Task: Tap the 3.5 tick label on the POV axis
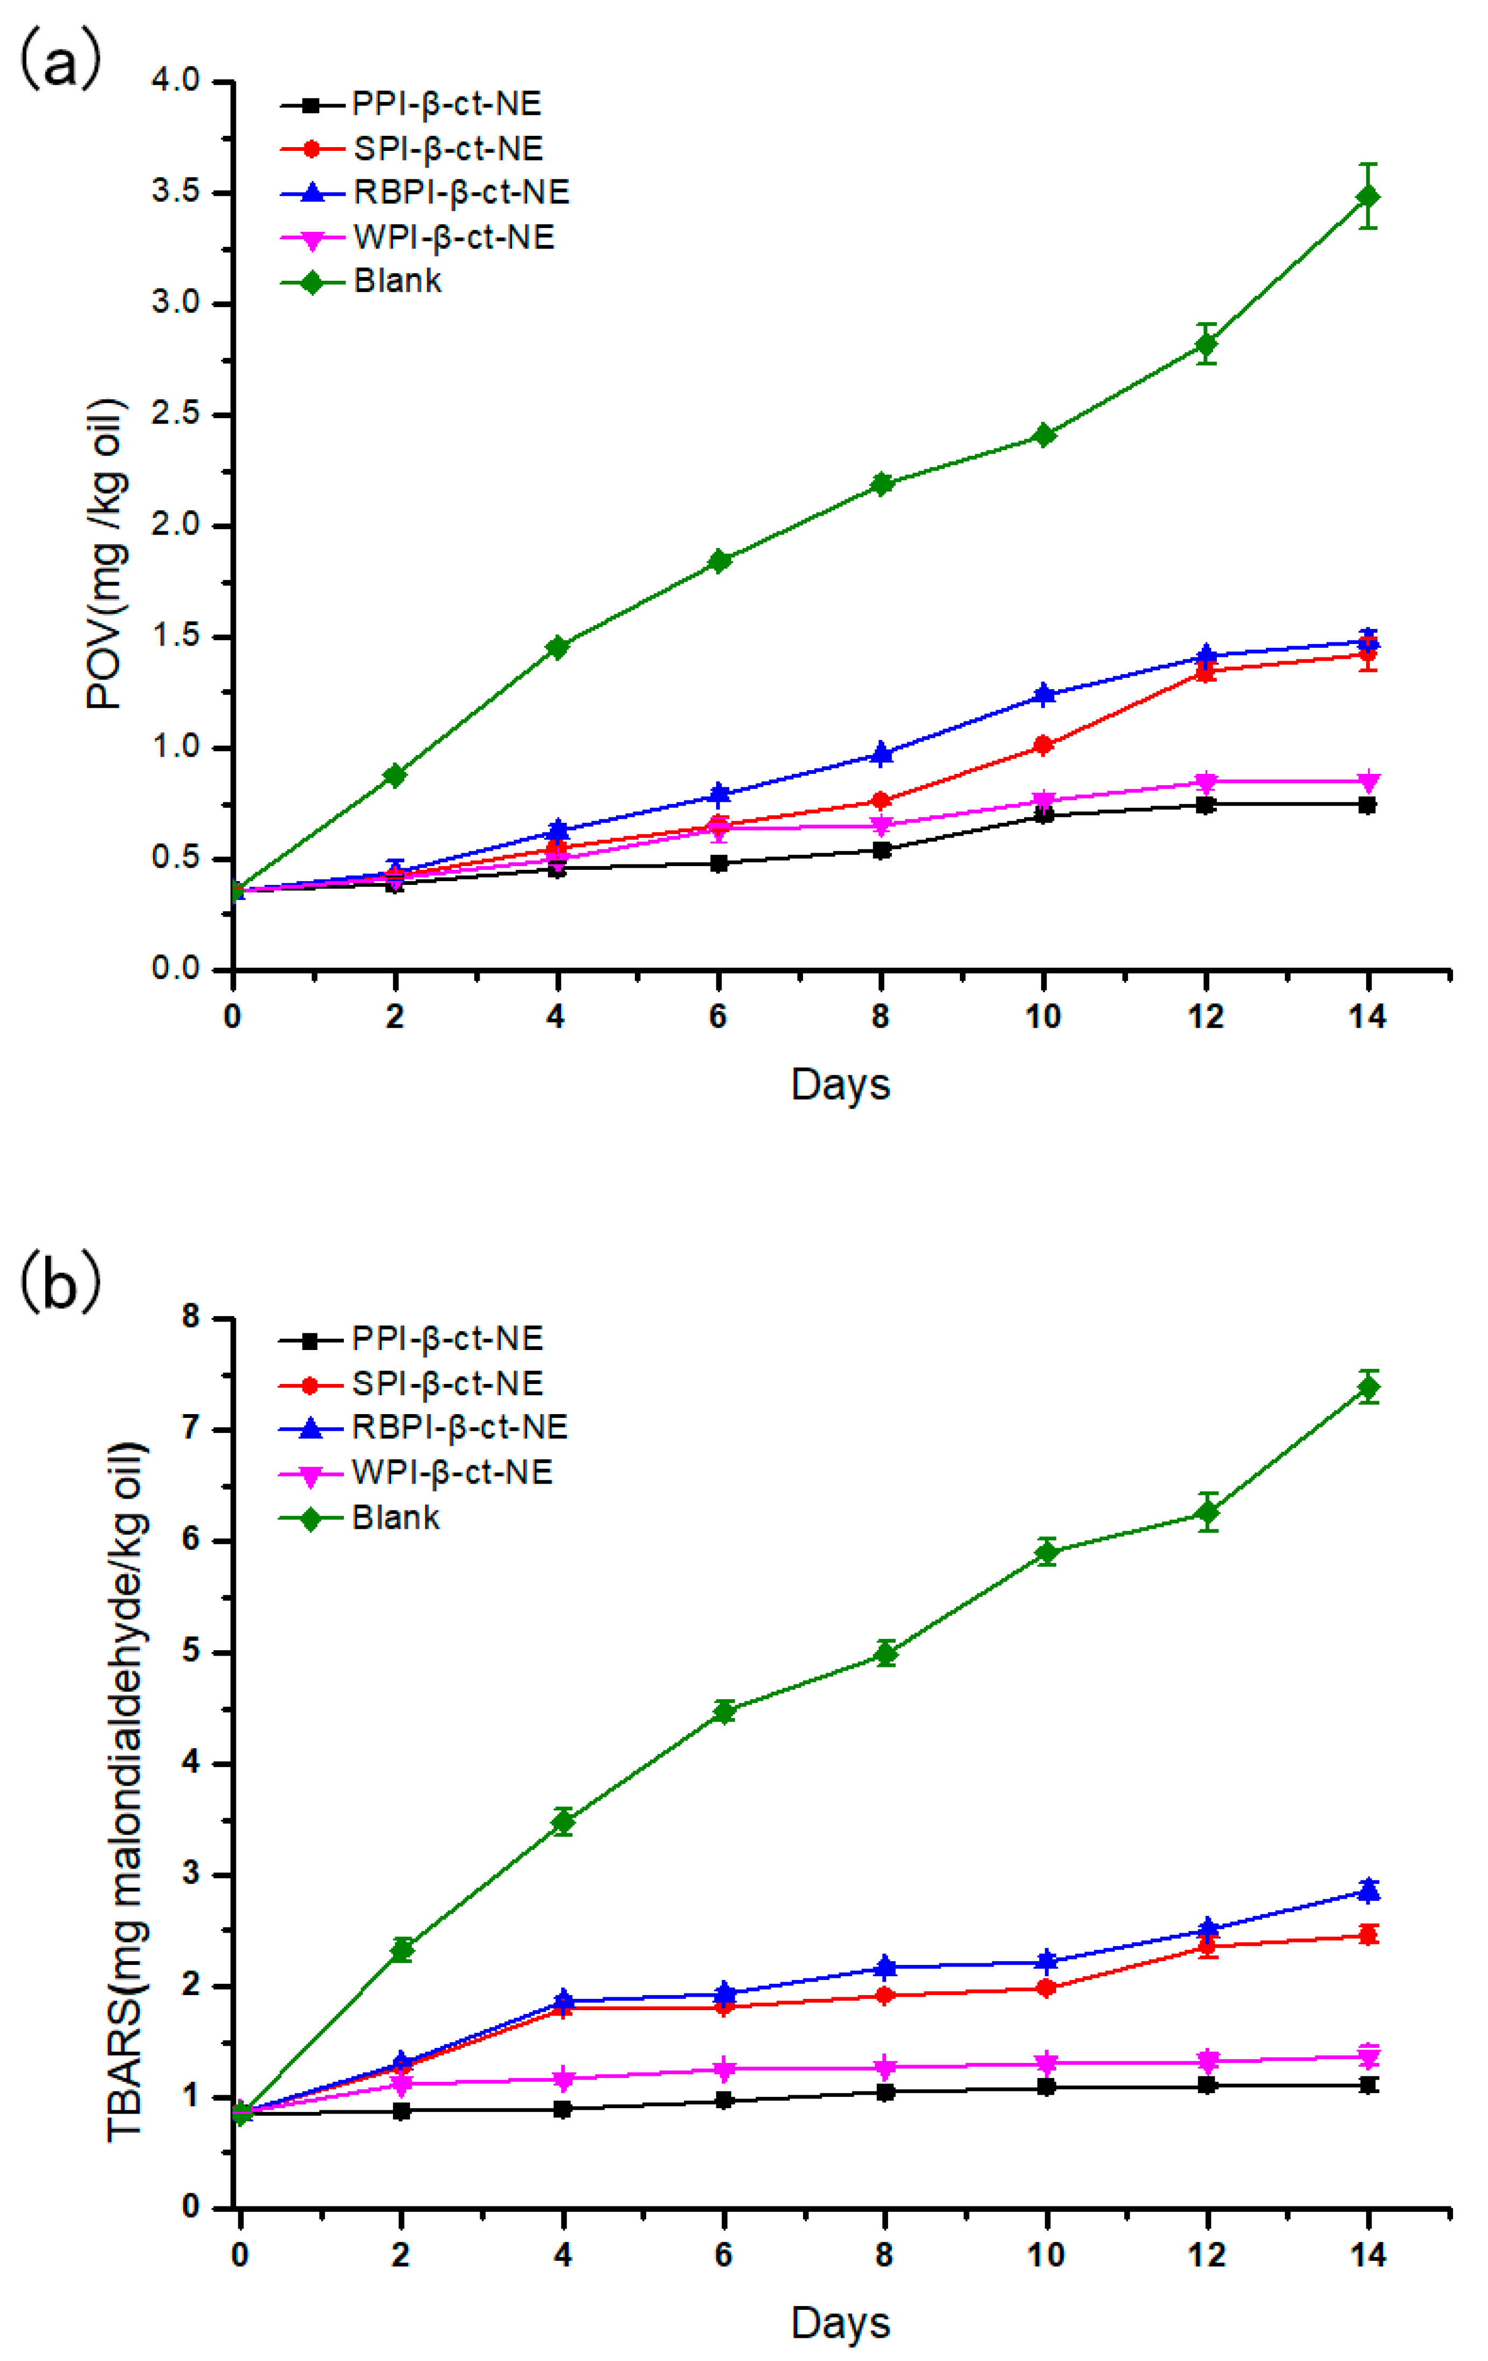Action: point(176,192)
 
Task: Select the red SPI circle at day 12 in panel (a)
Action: point(1206,671)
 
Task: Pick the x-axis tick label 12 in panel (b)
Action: point(1206,2255)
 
